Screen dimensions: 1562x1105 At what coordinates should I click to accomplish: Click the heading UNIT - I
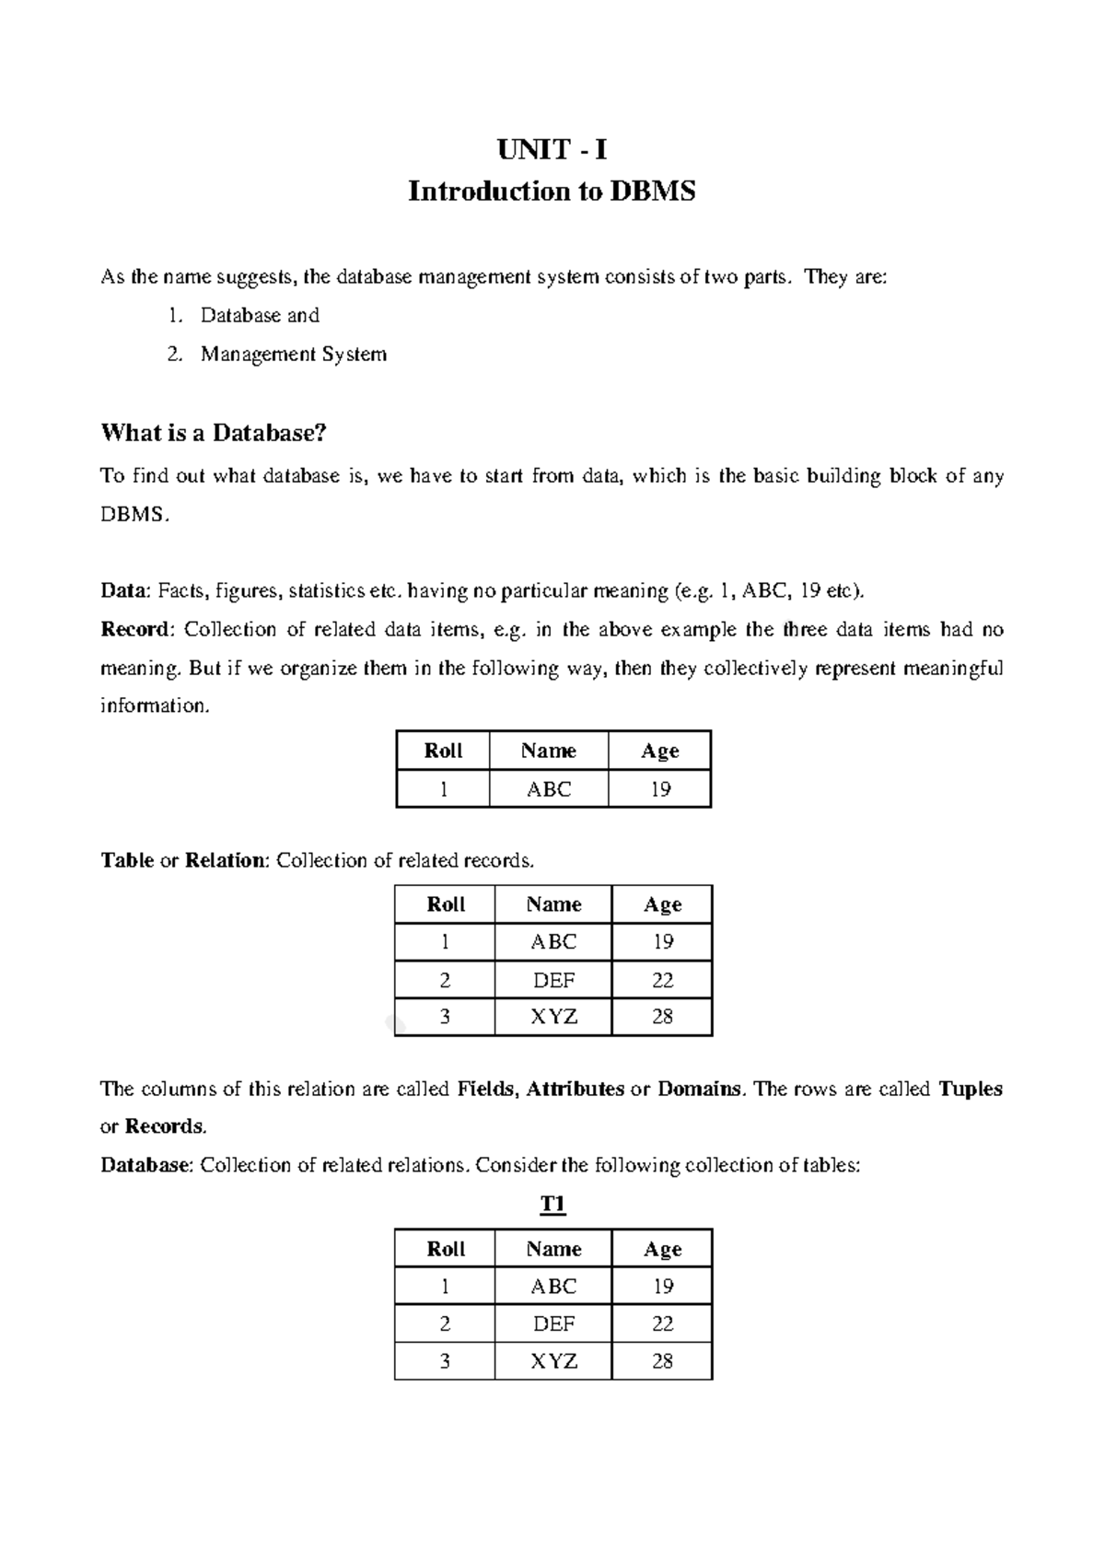coord(552,150)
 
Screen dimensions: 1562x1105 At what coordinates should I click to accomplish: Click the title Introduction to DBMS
coord(552,192)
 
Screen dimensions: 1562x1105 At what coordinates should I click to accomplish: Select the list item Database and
coord(260,316)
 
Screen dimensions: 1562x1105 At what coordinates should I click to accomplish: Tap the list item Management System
coord(294,355)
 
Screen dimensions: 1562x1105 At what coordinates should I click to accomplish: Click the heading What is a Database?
coord(214,433)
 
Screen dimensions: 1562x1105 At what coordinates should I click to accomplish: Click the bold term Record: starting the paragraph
coord(136,630)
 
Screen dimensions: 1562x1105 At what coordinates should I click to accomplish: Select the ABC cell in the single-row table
coord(549,789)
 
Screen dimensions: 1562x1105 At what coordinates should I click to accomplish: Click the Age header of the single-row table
coord(660,751)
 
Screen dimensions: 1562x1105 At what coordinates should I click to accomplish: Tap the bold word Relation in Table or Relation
coord(227,860)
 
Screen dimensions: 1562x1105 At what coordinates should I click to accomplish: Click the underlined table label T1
coord(552,1206)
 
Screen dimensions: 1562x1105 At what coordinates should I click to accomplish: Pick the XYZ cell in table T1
coord(553,1361)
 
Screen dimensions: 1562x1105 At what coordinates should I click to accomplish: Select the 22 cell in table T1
coord(662,1323)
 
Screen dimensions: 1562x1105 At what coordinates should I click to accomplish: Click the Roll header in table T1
coord(446,1249)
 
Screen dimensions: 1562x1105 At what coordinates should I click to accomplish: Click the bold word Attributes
coord(575,1090)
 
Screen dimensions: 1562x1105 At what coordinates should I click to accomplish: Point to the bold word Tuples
coord(971,1090)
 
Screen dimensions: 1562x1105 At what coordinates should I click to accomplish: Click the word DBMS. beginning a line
coord(135,515)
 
